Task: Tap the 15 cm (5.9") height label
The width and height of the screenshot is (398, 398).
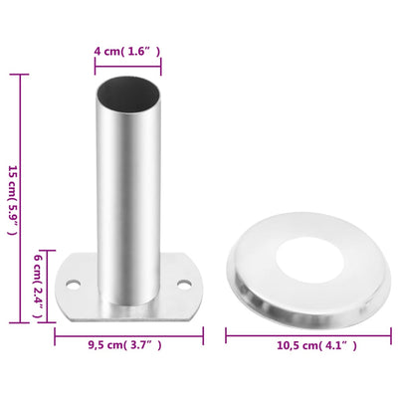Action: [x=12, y=198]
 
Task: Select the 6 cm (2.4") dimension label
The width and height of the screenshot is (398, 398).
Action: [x=38, y=285]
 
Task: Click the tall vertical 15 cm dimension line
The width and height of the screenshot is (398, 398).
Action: [x=23, y=198]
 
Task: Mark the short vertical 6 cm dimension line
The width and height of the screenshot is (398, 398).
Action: [x=47, y=285]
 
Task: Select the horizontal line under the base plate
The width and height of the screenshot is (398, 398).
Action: [x=127, y=331]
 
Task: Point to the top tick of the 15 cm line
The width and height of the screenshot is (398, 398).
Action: [x=23, y=75]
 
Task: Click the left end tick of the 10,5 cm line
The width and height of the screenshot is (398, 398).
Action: [x=227, y=331]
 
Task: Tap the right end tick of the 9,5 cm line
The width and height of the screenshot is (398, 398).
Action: [x=203, y=331]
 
